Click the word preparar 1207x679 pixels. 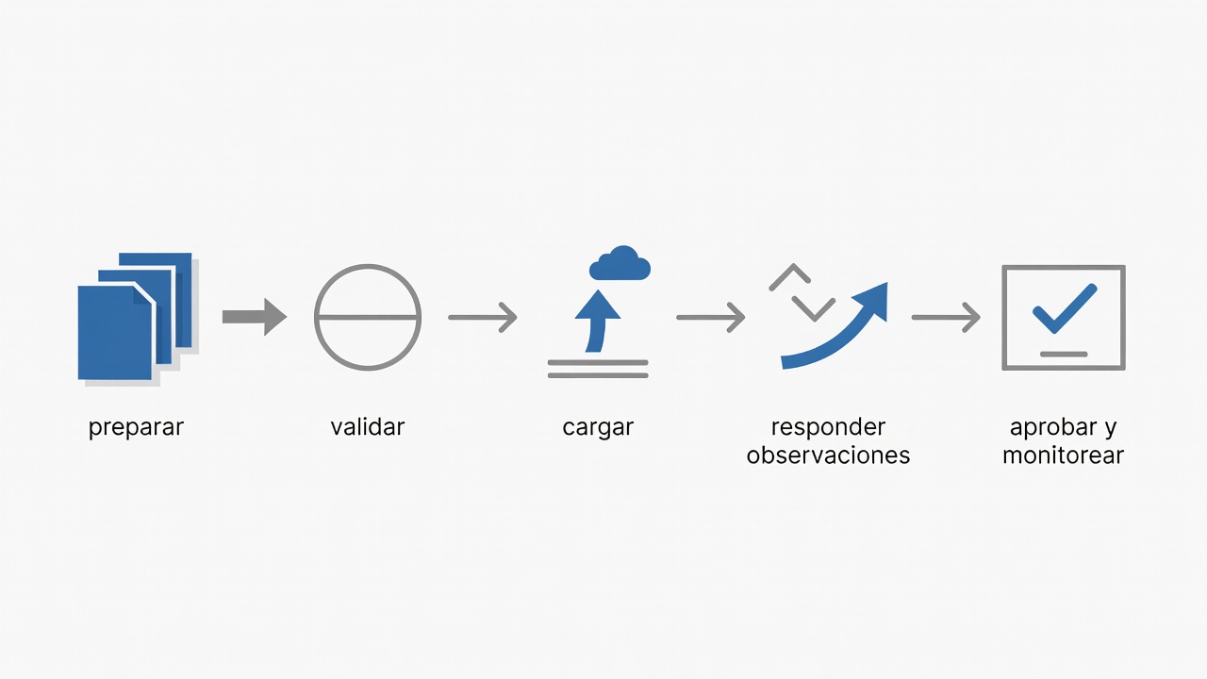[x=136, y=428]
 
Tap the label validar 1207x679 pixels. [x=368, y=427]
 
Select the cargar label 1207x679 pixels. [x=598, y=428]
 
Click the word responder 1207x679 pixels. [x=828, y=428]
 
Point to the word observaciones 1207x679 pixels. [x=828, y=455]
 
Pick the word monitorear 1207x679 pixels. [x=1063, y=455]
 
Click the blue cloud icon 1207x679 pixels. [x=620, y=263]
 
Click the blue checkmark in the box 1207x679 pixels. [x=1065, y=308]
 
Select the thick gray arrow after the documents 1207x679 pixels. [x=255, y=317]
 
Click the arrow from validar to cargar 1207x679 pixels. [x=483, y=318]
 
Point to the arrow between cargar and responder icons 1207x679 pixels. [x=711, y=318]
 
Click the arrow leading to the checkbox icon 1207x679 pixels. [x=946, y=318]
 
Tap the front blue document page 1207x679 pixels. [x=115, y=333]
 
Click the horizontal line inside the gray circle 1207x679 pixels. [x=368, y=318]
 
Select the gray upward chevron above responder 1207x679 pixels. [x=790, y=276]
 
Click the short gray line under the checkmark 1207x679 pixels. [x=1064, y=354]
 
